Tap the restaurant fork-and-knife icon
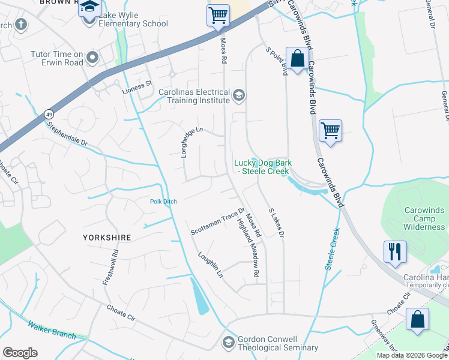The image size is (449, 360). point(395,251)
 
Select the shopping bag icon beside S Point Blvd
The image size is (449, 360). point(297,58)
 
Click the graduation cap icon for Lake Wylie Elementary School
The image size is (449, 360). point(90,8)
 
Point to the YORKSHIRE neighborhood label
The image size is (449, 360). point(107,238)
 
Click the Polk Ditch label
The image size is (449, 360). point(163,202)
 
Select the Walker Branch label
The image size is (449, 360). point(51,329)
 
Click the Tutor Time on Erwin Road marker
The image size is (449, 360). point(92,58)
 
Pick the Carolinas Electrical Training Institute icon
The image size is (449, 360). point(239,95)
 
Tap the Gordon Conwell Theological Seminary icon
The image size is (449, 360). point(228,342)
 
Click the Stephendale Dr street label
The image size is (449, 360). point(68,133)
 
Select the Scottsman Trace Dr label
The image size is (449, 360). point(217,221)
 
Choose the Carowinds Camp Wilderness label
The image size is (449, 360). point(415,218)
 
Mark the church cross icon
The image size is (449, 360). point(21,24)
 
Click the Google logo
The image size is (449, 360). point(20,352)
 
